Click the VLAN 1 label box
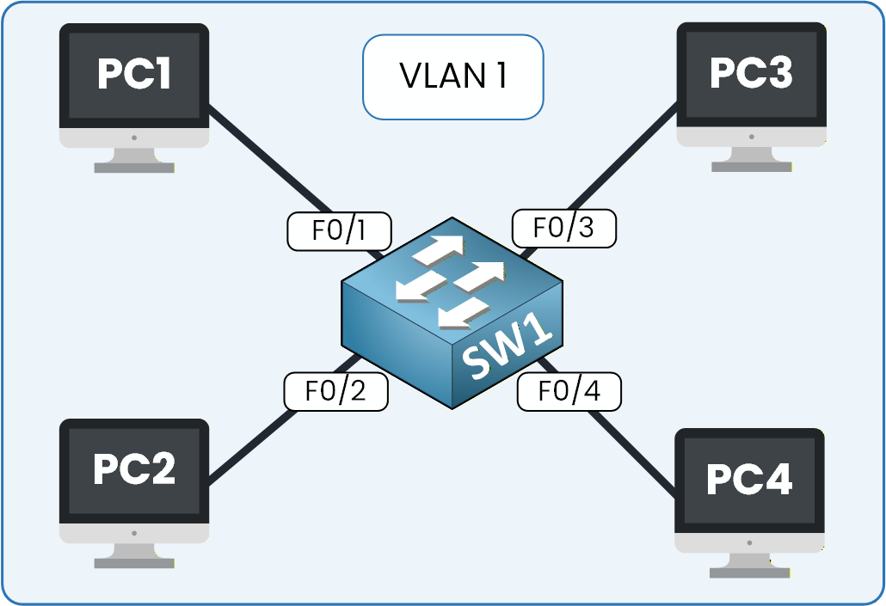coord(452,77)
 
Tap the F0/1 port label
coord(338,231)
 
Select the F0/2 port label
coord(335,391)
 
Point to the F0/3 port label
coord(563,229)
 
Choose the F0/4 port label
coord(568,391)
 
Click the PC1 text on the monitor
coord(133,74)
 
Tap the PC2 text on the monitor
coord(133,468)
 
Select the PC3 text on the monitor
coord(750,73)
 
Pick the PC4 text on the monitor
coord(748,479)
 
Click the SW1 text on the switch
coord(508,351)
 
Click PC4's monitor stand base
coord(748,572)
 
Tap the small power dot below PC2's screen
coord(134,532)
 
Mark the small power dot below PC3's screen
coord(751,136)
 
